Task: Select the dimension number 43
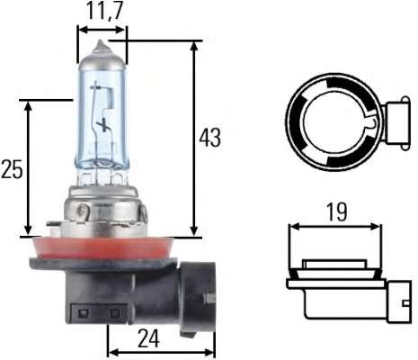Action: coord(211,138)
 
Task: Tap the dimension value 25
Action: coord(12,170)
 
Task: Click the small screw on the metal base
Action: coord(83,213)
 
